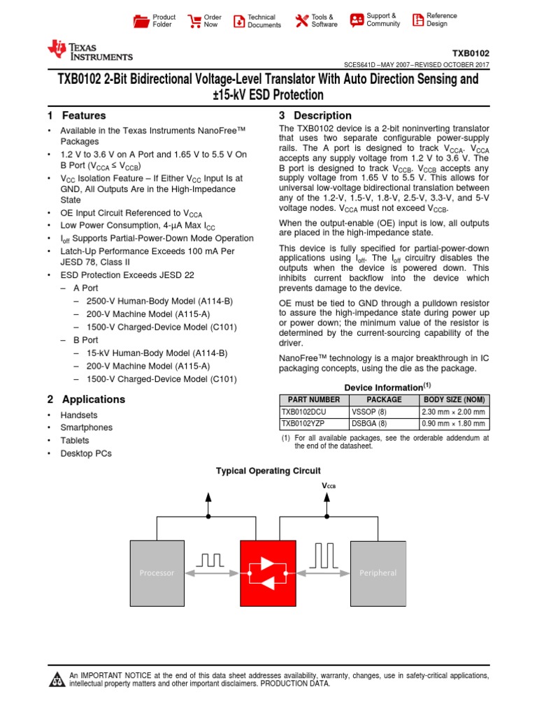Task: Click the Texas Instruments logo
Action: [89, 50]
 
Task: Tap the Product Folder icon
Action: [141, 21]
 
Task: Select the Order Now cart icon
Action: [194, 21]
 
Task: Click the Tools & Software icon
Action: [301, 21]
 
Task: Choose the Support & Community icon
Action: [357, 20]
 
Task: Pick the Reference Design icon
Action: [417, 20]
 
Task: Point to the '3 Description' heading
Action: [315, 116]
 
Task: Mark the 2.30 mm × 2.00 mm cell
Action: [452, 412]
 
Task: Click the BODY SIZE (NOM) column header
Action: [452, 400]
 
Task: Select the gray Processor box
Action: [157, 573]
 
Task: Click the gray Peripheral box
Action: [378, 573]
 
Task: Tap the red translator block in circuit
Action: [268, 573]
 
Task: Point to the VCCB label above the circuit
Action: [328, 486]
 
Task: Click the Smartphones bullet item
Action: [86, 427]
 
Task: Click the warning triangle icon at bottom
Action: [56, 679]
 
